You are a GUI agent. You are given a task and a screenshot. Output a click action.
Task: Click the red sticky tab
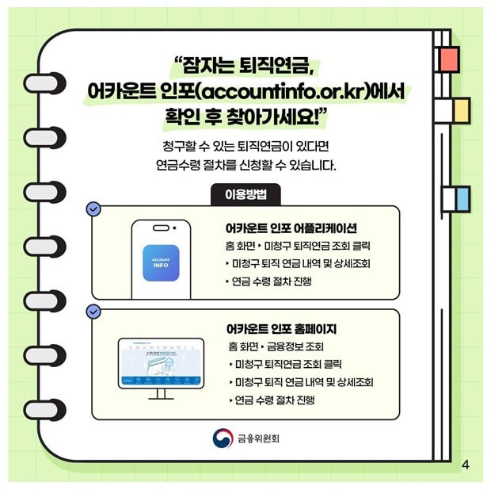pos(449,58)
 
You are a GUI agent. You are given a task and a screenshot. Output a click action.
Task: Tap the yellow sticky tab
pos(459,110)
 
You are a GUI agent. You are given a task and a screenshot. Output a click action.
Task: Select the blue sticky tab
pos(459,199)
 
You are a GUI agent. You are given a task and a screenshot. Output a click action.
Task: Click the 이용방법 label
pos(245,193)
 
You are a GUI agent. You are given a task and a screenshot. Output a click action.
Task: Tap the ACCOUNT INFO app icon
pos(161,261)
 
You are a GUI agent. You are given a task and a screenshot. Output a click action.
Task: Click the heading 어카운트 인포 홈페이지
pos(281,328)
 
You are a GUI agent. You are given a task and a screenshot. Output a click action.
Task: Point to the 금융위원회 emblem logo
pos(223,438)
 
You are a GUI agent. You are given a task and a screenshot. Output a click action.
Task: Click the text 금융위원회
pos(258,438)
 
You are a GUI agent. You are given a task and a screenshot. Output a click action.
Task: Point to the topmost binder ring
pos(44,82)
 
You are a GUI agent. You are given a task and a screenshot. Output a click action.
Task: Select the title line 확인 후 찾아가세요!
pos(246,115)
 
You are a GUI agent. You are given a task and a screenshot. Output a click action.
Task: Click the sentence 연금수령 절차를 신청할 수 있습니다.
pos(246,167)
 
